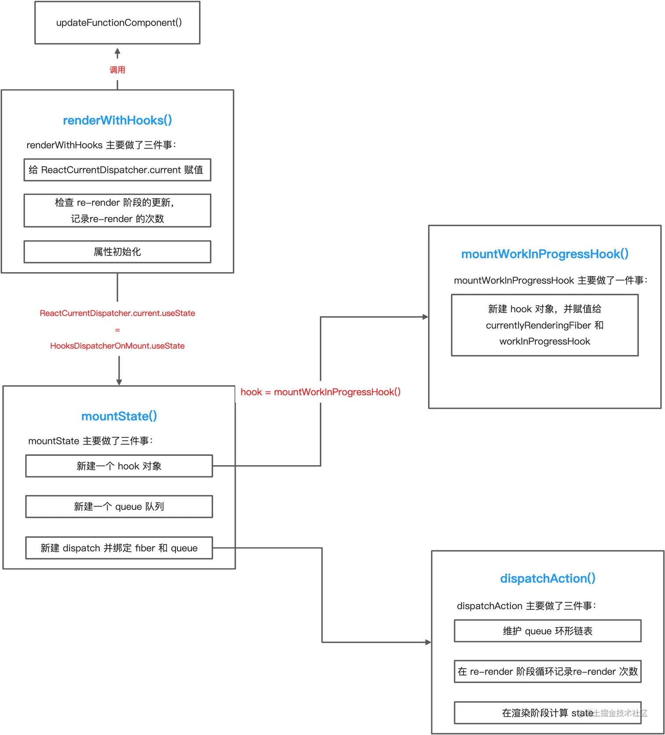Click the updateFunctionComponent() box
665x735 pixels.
(x=117, y=22)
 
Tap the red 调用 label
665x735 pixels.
(x=117, y=70)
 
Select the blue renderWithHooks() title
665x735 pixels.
(x=117, y=120)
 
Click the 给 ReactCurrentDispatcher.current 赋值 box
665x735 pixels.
(x=117, y=170)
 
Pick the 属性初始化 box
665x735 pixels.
(x=117, y=251)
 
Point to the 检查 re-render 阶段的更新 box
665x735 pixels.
(x=117, y=211)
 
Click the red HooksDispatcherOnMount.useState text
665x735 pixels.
(x=117, y=346)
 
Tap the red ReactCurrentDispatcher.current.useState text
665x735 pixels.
(x=117, y=313)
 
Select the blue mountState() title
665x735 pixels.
(x=119, y=416)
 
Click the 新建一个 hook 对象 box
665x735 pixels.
(x=119, y=466)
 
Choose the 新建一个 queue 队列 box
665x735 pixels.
(x=119, y=506)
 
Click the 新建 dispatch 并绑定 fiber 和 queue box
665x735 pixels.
(x=119, y=548)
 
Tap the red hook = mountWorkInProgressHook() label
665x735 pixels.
(x=321, y=392)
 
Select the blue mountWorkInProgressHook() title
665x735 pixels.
(x=545, y=254)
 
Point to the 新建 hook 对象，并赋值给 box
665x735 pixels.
(x=545, y=325)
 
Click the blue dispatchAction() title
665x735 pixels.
(x=548, y=578)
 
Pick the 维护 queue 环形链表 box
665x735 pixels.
(x=548, y=631)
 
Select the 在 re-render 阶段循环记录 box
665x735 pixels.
(x=548, y=671)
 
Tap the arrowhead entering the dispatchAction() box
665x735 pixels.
(x=428, y=642)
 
